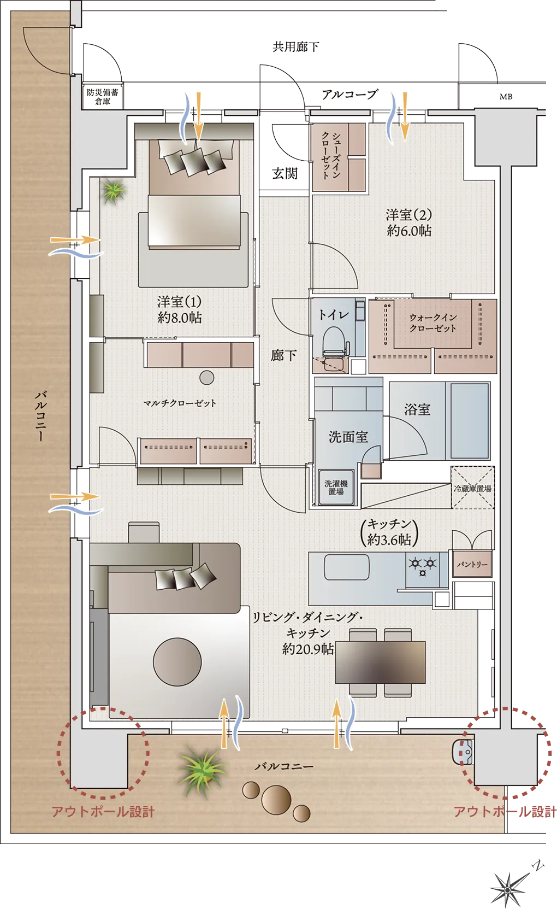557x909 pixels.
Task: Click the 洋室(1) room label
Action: [x=180, y=309]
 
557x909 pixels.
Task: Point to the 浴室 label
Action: [x=417, y=409]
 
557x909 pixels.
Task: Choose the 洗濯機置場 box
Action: [x=336, y=488]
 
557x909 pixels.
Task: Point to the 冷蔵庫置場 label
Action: [x=472, y=488]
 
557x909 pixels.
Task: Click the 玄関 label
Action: [x=285, y=174]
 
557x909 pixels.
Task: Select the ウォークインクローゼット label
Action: [x=432, y=322]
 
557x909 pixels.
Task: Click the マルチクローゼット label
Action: [x=180, y=403]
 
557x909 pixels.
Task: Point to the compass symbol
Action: [x=508, y=889]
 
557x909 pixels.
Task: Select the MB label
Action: [x=506, y=97]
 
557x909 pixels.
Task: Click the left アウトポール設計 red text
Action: [x=103, y=812]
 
